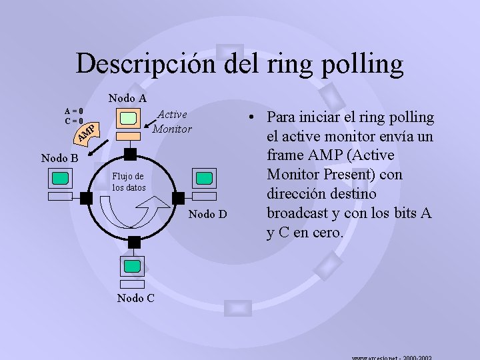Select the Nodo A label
pyautogui.click(x=127, y=98)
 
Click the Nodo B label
pyautogui.click(x=60, y=159)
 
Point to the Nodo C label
pyautogui.click(x=135, y=298)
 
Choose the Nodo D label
pyautogui.click(x=208, y=214)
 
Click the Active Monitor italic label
pyautogui.click(x=172, y=121)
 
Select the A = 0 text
pyautogui.click(x=73, y=111)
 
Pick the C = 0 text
pyautogui.click(x=73, y=121)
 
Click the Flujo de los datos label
pyautogui.click(x=128, y=182)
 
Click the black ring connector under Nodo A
pyautogui.click(x=131, y=155)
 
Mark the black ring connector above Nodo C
pyautogui.click(x=134, y=242)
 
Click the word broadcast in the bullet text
pyautogui.click(x=303, y=213)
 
